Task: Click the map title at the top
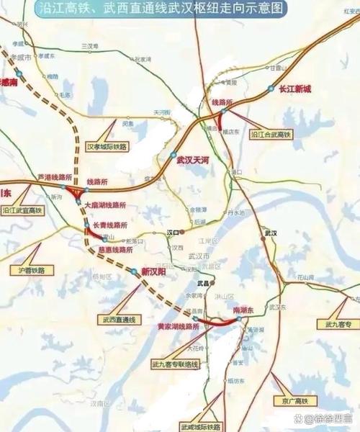[x=179, y=9]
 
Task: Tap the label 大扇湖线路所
[x=105, y=205]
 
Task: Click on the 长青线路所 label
[x=110, y=225]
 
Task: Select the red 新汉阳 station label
[x=153, y=272]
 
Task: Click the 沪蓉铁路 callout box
[x=31, y=270]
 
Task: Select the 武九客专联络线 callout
[x=174, y=366]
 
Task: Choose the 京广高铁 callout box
[x=290, y=400]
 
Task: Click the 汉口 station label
[x=173, y=233]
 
